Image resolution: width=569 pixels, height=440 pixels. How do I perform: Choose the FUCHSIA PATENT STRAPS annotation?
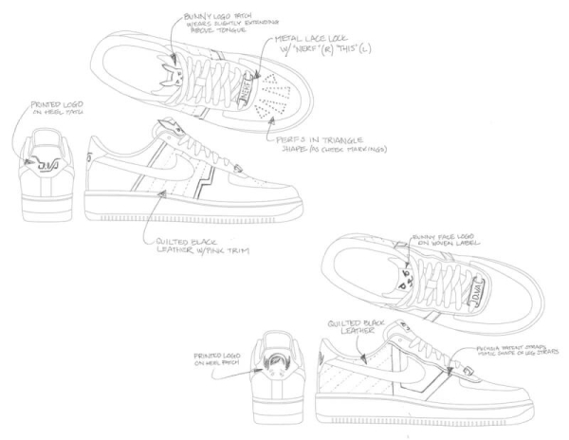point(509,353)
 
